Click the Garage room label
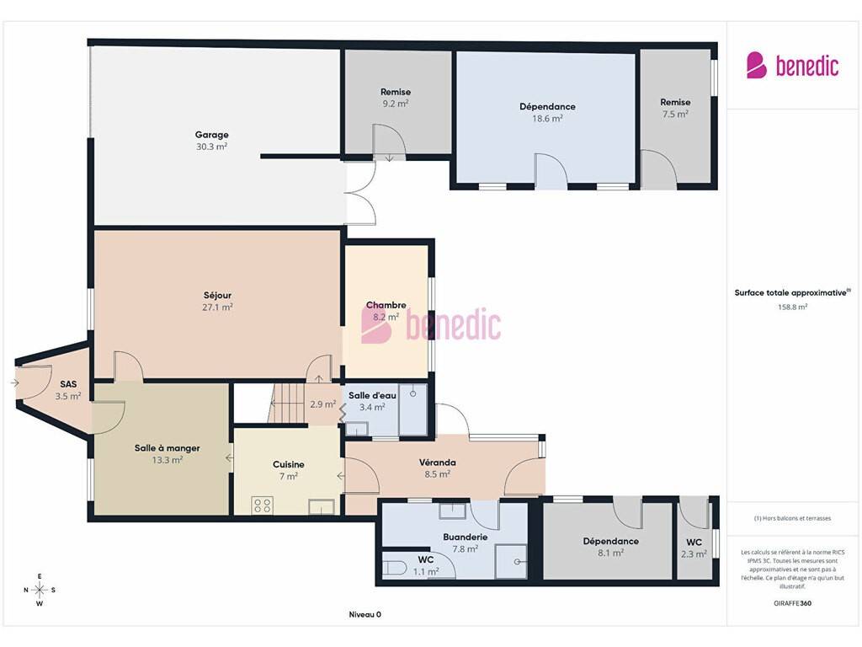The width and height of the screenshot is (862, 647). [x=211, y=135]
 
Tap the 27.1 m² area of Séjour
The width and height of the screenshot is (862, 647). [x=217, y=307]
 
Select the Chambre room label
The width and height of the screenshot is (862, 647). [x=386, y=305]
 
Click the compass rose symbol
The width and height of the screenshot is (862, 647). [x=40, y=590]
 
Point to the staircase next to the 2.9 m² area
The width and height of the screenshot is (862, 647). [x=286, y=404]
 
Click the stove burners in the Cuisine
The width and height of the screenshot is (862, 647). [x=263, y=505]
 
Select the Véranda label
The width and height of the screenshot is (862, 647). [x=438, y=463]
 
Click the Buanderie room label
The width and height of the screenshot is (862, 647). [x=465, y=537]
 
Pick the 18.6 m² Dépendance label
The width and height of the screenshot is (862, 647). [x=547, y=107]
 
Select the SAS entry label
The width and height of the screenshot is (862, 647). [x=68, y=384]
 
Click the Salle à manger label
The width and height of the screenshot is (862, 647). [x=168, y=448]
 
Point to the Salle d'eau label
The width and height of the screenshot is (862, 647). [x=372, y=396]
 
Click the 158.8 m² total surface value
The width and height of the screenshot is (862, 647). [x=792, y=307]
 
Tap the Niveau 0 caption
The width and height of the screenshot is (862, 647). [x=365, y=614]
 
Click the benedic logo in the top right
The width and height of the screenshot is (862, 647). [x=792, y=66]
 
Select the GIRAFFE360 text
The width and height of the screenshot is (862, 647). [x=792, y=603]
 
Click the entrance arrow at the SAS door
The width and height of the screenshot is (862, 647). [x=14, y=383]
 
